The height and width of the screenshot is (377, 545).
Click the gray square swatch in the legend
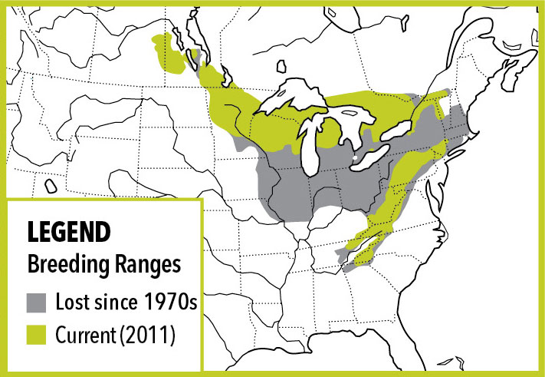pos(38,301)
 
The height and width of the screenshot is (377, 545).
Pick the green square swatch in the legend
pos(38,335)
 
